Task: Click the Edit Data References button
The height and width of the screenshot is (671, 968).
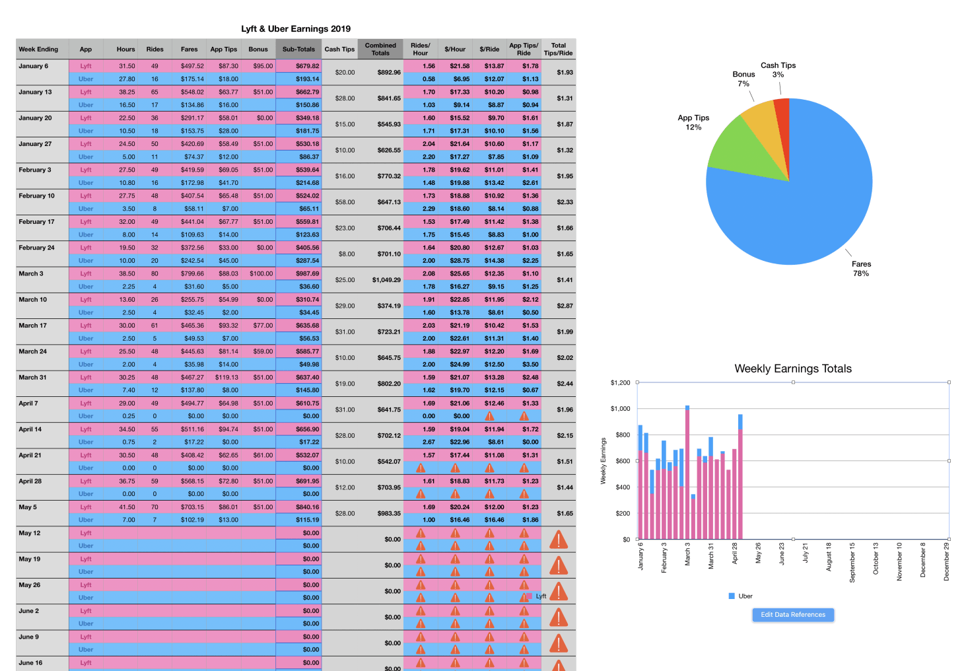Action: (x=793, y=615)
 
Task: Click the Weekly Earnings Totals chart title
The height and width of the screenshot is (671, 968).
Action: (x=793, y=369)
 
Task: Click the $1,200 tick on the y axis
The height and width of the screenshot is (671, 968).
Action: (x=620, y=382)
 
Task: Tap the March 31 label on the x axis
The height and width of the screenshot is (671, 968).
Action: (x=711, y=556)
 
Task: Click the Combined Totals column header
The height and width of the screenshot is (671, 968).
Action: (x=380, y=49)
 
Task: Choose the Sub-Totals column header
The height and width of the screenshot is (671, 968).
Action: (x=298, y=49)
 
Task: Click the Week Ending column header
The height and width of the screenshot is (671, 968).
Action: (x=38, y=49)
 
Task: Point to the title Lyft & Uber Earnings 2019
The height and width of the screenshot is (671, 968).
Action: (x=296, y=28)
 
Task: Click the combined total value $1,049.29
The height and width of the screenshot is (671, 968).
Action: (x=386, y=280)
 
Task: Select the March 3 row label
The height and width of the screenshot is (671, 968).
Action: (x=31, y=273)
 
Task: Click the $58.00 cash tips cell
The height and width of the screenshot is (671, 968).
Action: (x=345, y=202)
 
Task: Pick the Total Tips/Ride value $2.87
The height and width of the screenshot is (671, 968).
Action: (x=565, y=306)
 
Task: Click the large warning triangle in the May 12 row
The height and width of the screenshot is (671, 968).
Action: (x=559, y=540)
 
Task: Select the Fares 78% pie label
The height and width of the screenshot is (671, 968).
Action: (x=861, y=268)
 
